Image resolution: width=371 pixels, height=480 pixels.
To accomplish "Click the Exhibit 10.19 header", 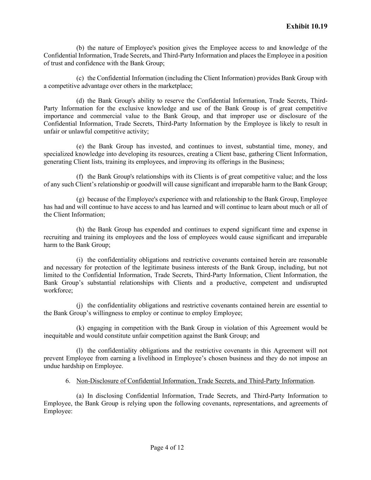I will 307,26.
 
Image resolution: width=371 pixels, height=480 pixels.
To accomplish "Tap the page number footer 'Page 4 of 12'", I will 167,448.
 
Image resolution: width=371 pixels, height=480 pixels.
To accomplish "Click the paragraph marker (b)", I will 80,48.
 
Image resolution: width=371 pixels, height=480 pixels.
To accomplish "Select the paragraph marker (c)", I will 80,78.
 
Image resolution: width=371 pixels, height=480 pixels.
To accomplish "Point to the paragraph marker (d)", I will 80,101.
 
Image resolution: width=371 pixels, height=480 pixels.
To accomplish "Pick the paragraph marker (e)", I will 80,146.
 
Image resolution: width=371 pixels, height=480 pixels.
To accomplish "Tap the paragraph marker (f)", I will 80,177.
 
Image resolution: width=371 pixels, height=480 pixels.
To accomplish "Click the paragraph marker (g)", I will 80,199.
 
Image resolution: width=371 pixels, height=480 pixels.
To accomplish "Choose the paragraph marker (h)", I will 80,230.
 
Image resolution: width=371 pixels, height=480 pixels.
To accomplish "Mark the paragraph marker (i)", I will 80,260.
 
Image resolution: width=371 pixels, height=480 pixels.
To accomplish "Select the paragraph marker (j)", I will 80,305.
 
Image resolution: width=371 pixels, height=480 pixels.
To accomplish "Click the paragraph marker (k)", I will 80,328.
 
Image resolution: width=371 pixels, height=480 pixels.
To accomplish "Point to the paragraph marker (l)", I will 80,351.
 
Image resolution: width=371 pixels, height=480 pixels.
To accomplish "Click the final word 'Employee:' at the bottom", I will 58,411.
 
